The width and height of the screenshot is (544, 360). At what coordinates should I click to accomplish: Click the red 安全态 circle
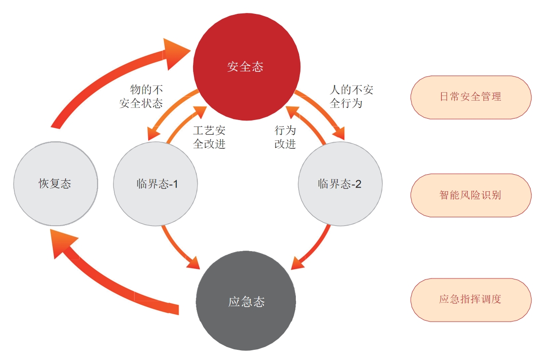point(246,67)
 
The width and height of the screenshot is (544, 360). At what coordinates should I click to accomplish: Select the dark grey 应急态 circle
point(246,302)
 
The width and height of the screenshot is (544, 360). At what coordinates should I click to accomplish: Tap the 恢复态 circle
point(56,183)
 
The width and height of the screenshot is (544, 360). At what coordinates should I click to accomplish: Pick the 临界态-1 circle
point(156,183)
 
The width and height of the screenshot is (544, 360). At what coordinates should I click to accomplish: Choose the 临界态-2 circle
point(340,183)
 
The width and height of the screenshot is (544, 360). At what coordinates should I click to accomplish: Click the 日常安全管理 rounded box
point(470,97)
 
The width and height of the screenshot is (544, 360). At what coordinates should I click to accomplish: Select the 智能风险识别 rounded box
point(470,195)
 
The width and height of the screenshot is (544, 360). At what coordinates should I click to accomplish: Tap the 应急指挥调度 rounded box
point(470,299)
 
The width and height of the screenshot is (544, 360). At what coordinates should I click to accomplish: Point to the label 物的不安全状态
point(141,96)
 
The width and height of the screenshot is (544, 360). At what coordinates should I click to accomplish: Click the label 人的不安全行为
point(351,96)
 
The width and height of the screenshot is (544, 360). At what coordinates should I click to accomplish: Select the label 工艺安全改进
point(209,137)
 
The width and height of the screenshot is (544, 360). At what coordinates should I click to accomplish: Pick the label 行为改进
point(285,137)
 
